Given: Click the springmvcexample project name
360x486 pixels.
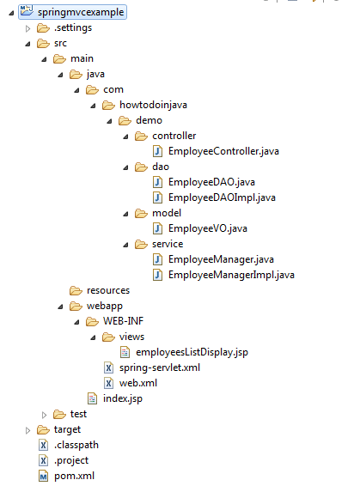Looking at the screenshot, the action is (x=81, y=12).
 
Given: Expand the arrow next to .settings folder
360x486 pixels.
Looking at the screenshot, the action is (x=27, y=28).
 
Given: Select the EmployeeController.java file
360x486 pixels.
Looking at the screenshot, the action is (x=223, y=151).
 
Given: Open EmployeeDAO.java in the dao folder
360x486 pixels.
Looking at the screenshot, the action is (x=211, y=182).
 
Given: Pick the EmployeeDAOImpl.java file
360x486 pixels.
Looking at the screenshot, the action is (x=222, y=197).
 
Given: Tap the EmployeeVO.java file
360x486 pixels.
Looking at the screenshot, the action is (x=208, y=228).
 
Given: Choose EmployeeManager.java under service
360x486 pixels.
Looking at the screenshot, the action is (x=221, y=259).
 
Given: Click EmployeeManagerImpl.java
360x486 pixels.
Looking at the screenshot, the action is (x=231, y=275).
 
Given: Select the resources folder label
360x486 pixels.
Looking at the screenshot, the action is (x=108, y=290).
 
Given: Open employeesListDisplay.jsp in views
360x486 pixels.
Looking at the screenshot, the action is (x=192, y=352).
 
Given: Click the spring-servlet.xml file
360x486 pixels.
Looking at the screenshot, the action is (x=160, y=368).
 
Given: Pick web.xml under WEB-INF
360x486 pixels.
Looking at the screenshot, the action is (x=138, y=383).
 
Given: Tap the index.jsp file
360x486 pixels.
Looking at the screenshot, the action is (x=123, y=399).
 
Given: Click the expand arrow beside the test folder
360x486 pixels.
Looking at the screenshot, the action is (x=44, y=415).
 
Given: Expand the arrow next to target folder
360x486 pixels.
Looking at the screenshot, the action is (x=27, y=430).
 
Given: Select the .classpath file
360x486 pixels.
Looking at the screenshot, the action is (x=76, y=445).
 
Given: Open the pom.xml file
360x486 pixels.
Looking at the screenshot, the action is (x=74, y=476).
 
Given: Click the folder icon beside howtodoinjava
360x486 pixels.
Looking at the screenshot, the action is (x=108, y=106).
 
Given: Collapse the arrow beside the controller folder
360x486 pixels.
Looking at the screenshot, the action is (x=125, y=137).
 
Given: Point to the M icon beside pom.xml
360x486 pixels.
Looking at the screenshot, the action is (x=43, y=476).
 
